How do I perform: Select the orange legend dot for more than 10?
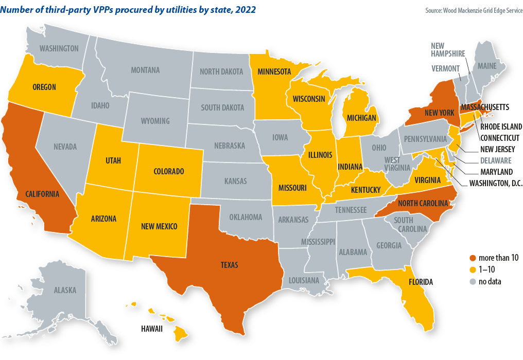pyautogui.click(x=474, y=258)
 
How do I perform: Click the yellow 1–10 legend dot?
pyautogui.click(x=474, y=270)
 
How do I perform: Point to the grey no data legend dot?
pyautogui.click(x=474, y=281)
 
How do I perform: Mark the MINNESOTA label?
pyautogui.click(x=274, y=71)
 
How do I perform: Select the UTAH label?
pyautogui.click(x=113, y=161)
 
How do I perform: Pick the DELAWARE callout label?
pyautogui.click(x=495, y=160)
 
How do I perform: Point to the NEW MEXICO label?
pyautogui.click(x=159, y=226)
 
